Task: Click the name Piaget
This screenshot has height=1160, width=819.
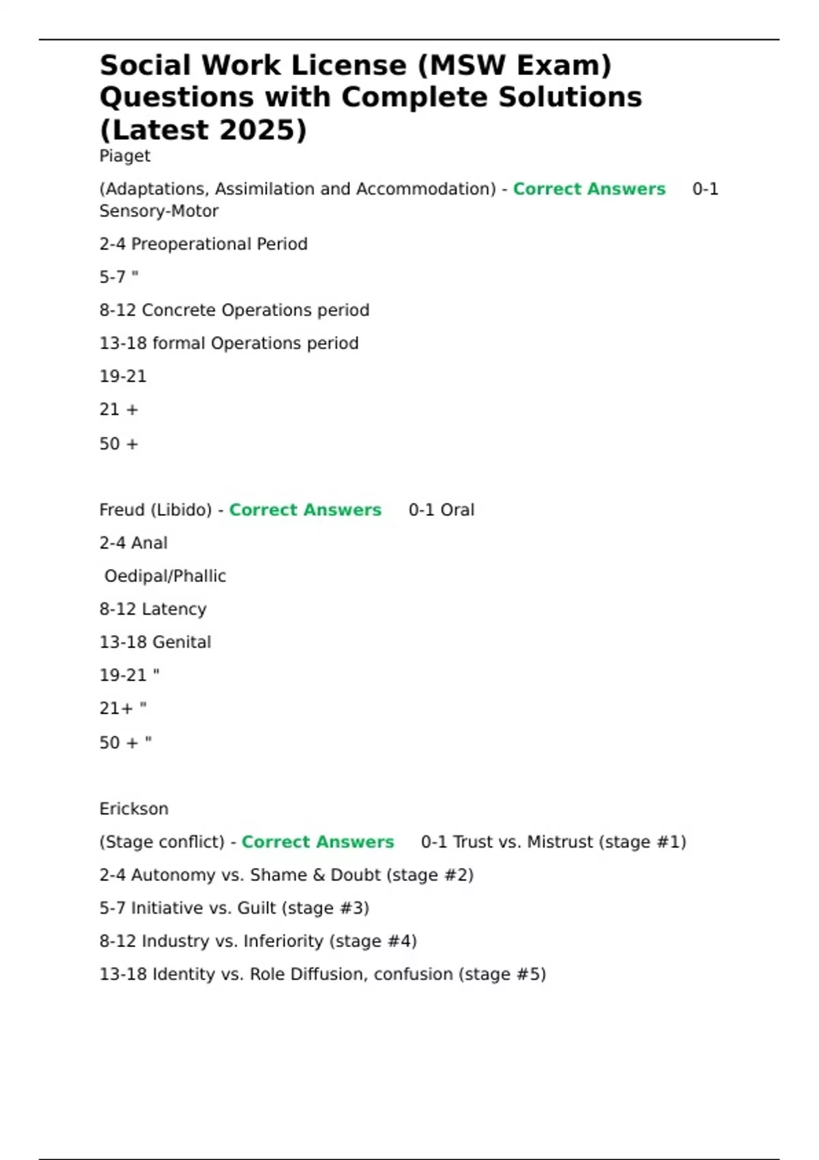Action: click(125, 156)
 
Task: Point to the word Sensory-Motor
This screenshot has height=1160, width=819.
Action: click(159, 212)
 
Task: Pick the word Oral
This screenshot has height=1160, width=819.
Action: click(457, 510)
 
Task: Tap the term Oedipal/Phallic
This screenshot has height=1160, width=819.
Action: click(165, 577)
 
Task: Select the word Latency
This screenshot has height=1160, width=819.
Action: click(174, 609)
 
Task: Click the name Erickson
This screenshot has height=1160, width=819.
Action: click(134, 809)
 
